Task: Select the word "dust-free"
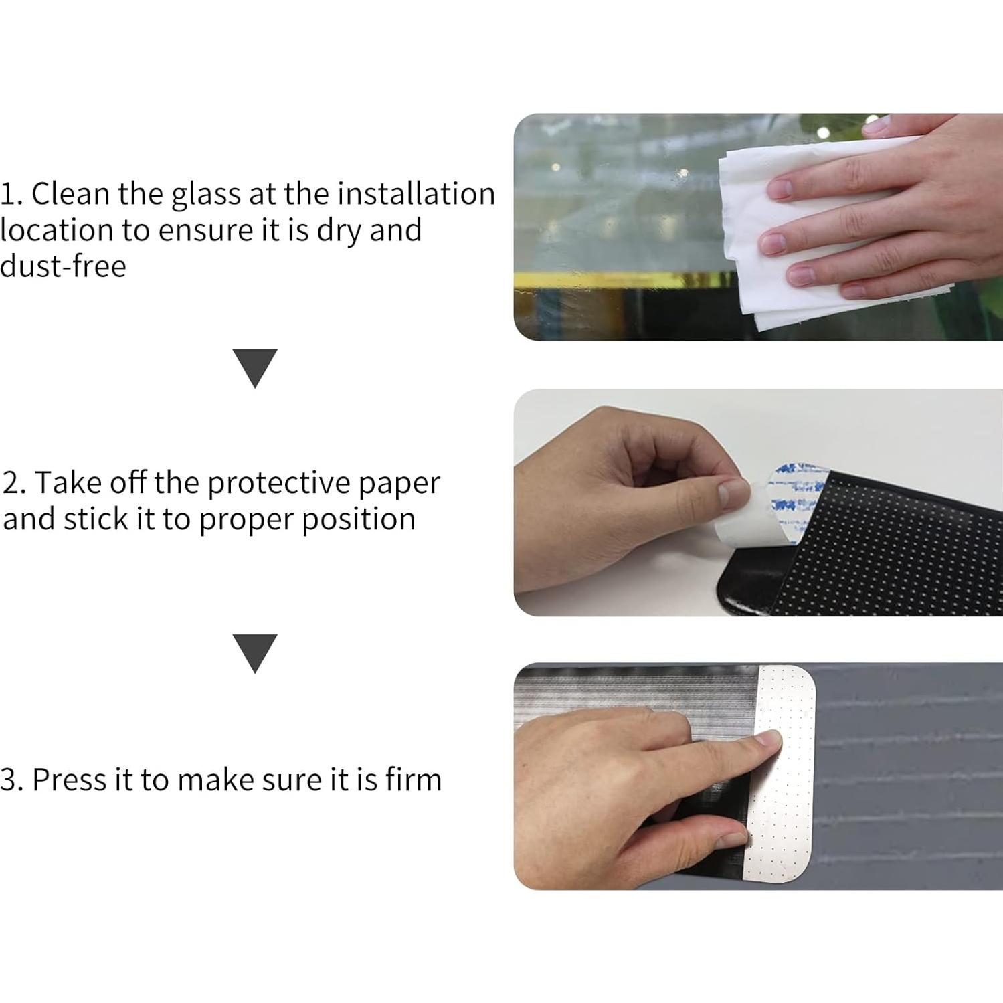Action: click(x=64, y=266)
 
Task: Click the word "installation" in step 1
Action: click(x=416, y=194)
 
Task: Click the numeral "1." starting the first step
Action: click(x=11, y=195)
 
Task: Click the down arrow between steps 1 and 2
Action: click(x=255, y=367)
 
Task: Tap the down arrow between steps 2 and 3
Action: click(x=255, y=652)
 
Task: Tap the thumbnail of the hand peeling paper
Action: click(x=733, y=494)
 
